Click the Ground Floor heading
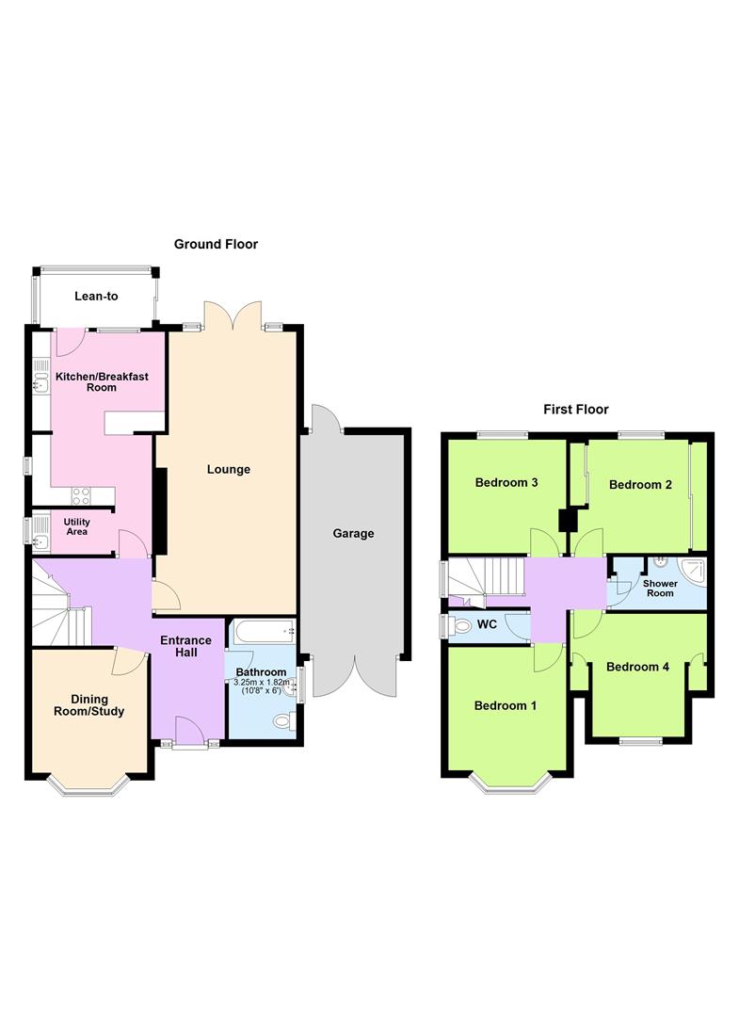(x=216, y=244)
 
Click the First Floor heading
(x=575, y=410)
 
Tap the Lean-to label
(x=96, y=296)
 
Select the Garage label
(x=353, y=533)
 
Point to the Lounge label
(x=228, y=469)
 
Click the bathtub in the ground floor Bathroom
(x=264, y=631)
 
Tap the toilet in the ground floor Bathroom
(x=284, y=720)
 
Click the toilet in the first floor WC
(x=461, y=626)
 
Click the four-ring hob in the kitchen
(x=81, y=496)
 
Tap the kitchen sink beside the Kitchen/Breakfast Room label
(x=41, y=376)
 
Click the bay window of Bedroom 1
(x=512, y=783)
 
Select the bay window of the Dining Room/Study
(x=89, y=785)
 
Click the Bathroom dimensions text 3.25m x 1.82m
(x=262, y=683)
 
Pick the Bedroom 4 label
(x=638, y=667)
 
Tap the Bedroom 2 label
(x=640, y=485)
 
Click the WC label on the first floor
(x=487, y=624)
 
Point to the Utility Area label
(x=76, y=526)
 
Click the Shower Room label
(x=660, y=589)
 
